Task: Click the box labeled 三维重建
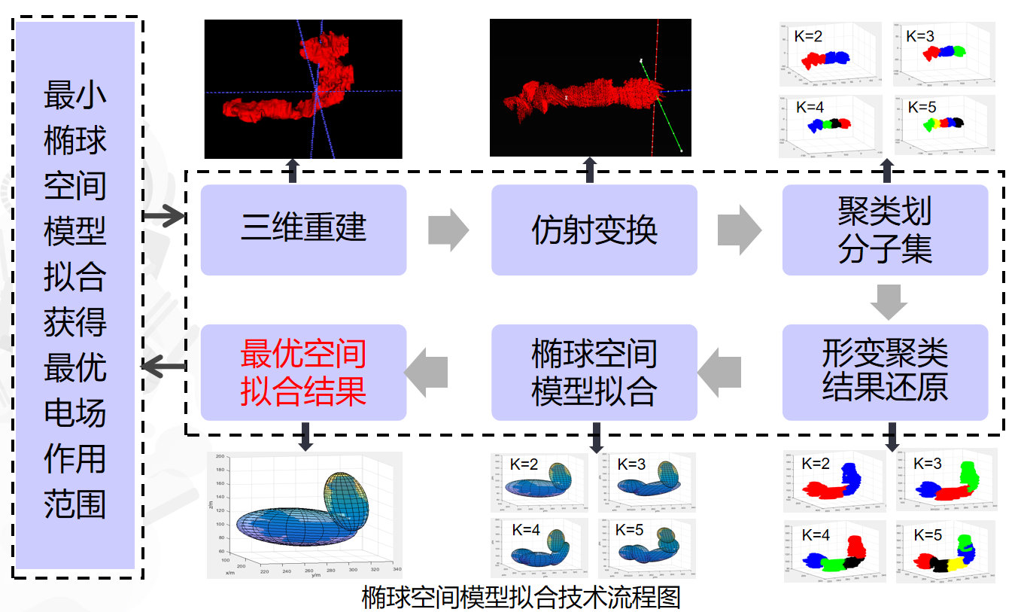303,230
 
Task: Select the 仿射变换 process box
594,230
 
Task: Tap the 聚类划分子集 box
885,230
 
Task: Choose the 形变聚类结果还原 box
885,372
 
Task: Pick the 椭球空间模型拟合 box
594,372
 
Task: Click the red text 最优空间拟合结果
303,372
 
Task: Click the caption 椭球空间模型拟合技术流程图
521,598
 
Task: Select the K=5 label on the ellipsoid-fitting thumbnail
629,529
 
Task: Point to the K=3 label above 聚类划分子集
920,35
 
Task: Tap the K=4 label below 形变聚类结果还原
816,535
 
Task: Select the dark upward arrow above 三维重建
293,171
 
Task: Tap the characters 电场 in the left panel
74,413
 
